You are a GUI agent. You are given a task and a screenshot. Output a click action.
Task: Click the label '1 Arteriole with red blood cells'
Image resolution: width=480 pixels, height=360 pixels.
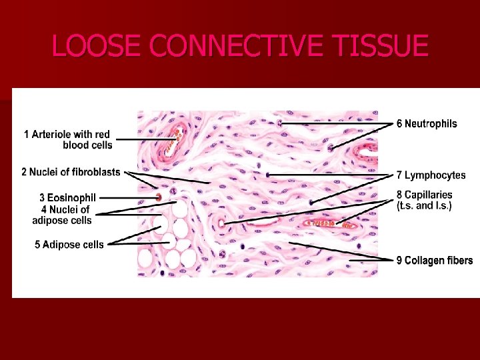67,139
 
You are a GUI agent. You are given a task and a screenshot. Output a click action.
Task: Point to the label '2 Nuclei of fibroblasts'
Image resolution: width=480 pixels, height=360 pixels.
71,172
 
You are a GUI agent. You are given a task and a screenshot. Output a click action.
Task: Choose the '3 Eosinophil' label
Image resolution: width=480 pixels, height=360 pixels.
67,197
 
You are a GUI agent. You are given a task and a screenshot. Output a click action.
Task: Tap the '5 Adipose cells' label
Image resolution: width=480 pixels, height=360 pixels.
69,245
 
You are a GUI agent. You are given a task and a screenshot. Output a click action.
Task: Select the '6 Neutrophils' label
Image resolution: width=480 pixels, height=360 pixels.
427,123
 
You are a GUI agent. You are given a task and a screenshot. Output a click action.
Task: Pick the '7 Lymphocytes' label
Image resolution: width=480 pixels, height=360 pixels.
431,175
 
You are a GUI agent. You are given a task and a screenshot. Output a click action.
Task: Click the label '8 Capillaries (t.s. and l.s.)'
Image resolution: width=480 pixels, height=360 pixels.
424,200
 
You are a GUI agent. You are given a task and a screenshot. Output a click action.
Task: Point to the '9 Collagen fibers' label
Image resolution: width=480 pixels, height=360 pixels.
434,260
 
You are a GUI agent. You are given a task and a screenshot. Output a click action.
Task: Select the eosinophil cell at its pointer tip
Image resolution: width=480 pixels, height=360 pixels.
159,197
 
